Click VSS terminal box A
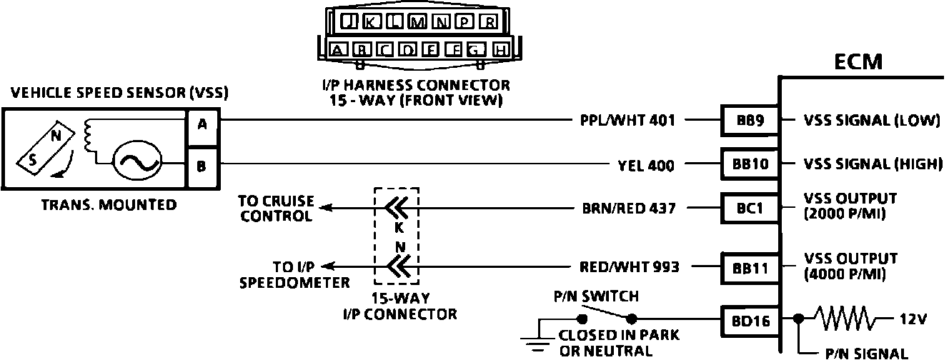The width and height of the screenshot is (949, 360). [202, 124]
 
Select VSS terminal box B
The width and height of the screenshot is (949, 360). [202, 166]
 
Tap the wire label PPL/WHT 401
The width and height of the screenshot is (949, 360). [627, 121]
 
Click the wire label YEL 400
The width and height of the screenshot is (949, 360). [645, 166]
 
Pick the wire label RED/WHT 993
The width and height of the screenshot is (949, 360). [629, 267]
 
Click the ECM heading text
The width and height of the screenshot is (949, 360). [858, 62]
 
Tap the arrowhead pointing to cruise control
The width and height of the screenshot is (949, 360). [325, 208]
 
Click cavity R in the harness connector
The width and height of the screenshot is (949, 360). [488, 22]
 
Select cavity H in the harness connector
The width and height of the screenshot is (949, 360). [501, 50]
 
